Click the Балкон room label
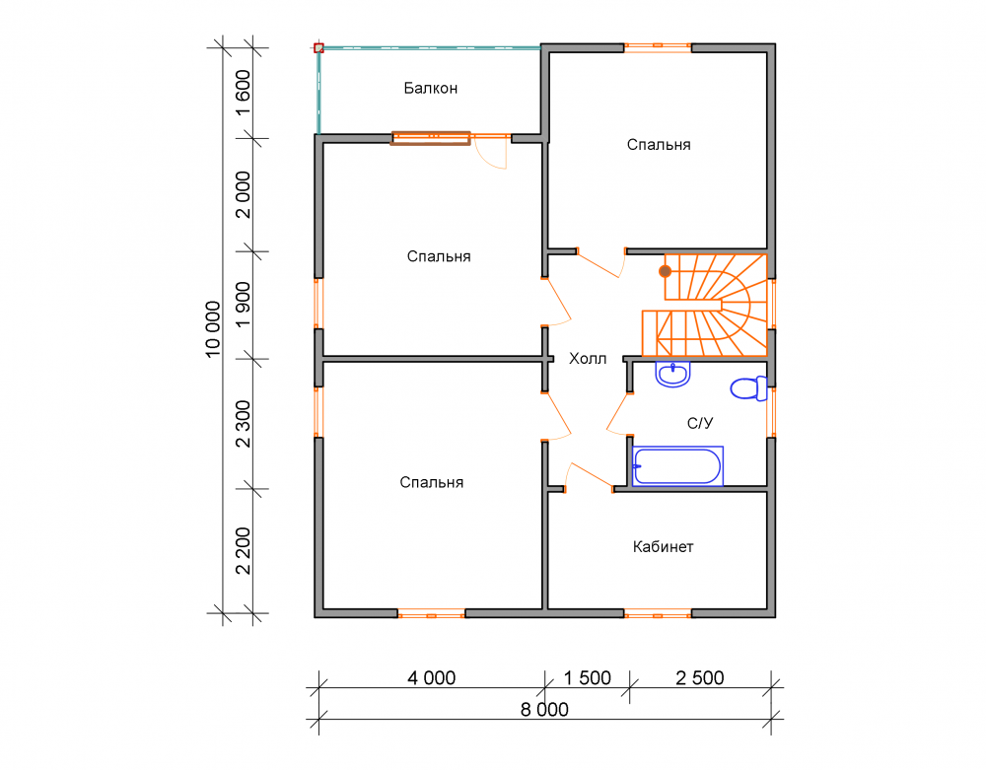(430, 88)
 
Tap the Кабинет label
(663, 547)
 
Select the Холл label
(588, 359)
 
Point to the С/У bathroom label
(700, 423)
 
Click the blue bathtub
(678, 466)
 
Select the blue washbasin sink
(672, 374)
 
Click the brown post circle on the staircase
(665, 271)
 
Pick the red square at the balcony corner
(318, 47)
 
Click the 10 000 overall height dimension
(213, 329)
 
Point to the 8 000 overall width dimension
(544, 710)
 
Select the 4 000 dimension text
(432, 677)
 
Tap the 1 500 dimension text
(588, 677)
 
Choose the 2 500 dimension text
(700, 677)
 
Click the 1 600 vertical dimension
(243, 93)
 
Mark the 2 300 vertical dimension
(243, 424)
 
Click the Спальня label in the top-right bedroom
(659, 145)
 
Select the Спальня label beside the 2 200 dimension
(432, 482)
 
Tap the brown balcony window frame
(430, 138)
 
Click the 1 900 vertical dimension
(243, 305)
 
